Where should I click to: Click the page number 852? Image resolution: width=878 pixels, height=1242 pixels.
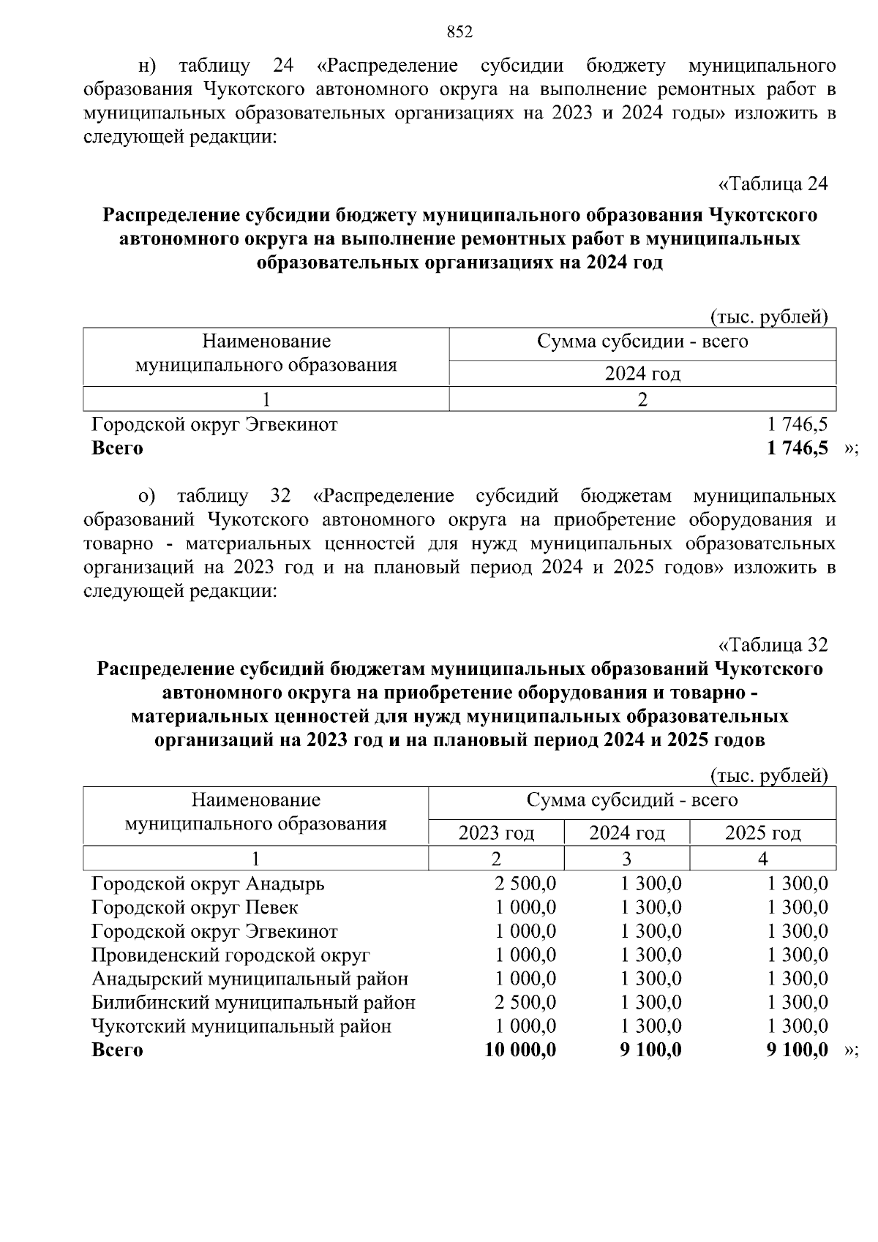tap(459, 32)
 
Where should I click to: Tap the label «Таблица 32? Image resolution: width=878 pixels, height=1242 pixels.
tap(773, 644)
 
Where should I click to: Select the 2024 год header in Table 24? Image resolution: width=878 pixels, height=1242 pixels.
tap(642, 374)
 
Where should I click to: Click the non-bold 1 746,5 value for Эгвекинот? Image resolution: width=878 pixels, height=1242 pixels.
tap(798, 424)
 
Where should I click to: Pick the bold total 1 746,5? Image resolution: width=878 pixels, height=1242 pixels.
tap(798, 448)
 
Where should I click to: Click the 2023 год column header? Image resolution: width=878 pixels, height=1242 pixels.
tap(496, 833)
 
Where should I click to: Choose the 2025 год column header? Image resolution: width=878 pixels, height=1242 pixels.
tap(762, 833)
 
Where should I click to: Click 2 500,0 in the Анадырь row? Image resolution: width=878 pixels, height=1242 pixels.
tap(525, 884)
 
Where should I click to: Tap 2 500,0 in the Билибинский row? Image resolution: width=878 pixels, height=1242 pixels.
tap(525, 1002)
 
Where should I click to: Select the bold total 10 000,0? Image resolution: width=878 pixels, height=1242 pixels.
tap(520, 1050)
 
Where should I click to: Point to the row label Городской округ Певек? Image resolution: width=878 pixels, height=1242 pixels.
tap(195, 908)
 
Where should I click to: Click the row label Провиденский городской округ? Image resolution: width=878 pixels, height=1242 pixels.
tap(230, 955)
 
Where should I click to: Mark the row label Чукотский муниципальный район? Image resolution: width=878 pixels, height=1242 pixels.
tap(241, 1026)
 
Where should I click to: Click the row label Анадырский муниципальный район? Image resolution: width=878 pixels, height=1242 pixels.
tap(249, 979)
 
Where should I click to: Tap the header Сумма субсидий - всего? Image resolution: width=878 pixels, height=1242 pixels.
tap(632, 800)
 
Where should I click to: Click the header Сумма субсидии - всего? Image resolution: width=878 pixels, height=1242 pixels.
tap(642, 342)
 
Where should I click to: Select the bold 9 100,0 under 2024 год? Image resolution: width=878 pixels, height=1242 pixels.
tap(650, 1050)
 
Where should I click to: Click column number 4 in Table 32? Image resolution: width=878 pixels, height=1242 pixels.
tap(762, 859)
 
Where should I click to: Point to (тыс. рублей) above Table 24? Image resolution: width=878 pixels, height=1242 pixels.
tap(769, 317)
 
